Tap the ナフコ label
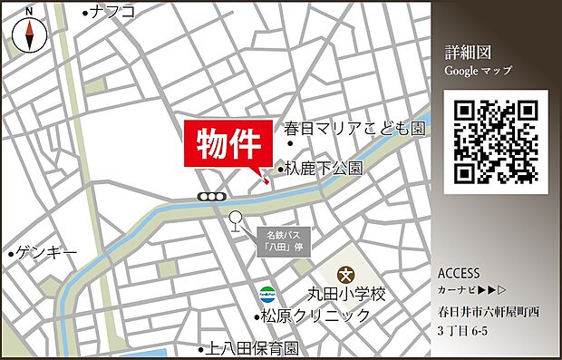[x=112, y=12]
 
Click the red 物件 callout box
[x=229, y=142]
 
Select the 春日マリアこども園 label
[x=354, y=129]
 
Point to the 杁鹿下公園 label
[x=324, y=169]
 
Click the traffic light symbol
[x=213, y=197]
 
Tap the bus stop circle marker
[x=237, y=218]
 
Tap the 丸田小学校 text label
[x=344, y=295]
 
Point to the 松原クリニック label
[x=315, y=316]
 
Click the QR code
[x=496, y=141]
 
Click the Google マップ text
[x=478, y=71]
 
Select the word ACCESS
[x=459, y=274]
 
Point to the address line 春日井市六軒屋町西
[x=488, y=312]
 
